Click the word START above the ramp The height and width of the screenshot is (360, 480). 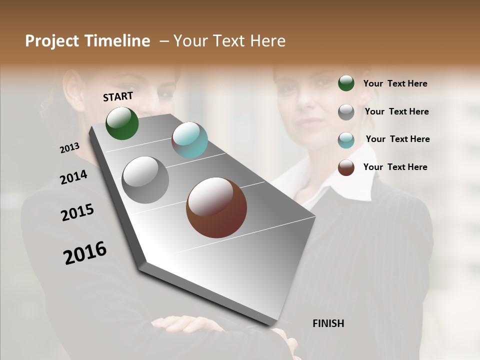coord(118,96)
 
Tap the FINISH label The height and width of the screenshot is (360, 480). coord(328,323)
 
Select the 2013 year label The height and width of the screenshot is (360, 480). coord(70,147)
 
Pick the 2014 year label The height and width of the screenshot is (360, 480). coord(74,177)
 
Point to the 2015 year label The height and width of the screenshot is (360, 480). coord(77,212)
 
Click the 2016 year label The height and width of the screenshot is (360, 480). coord(85,252)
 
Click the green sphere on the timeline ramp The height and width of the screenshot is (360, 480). coord(122,123)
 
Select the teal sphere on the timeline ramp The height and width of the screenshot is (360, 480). coord(189,140)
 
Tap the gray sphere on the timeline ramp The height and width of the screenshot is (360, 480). coord(145,180)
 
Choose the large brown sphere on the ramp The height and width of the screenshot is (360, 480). coord(216,207)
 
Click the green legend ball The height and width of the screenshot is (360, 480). coord(346,83)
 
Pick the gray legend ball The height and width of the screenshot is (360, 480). coord(346,112)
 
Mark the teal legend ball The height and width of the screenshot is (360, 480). coord(346,140)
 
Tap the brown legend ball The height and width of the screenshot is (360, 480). coord(346,167)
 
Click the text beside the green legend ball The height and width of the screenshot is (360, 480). coord(395,83)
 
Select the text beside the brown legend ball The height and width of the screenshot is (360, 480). coord(395,167)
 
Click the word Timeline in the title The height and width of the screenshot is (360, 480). coord(117,41)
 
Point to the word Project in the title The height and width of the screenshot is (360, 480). coord(52,41)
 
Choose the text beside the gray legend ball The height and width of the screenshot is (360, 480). coord(397,111)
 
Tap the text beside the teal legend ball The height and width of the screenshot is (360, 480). coord(398,139)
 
